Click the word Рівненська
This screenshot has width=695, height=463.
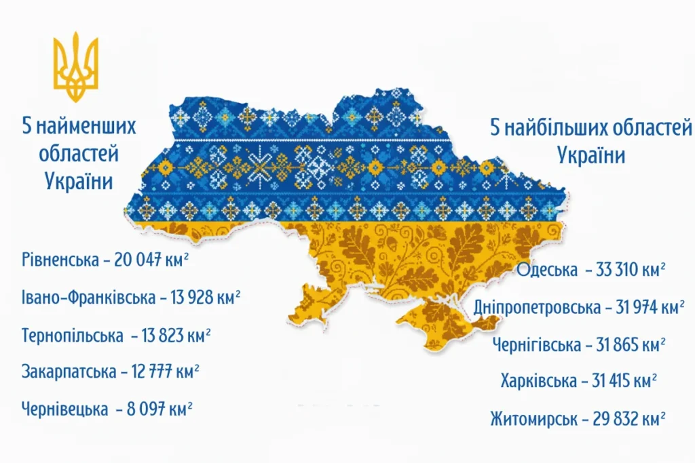tap(58, 260)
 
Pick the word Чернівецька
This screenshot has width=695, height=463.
tap(64, 409)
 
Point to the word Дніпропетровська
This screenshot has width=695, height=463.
tap(538, 307)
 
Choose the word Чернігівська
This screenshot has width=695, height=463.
tap(537, 344)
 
